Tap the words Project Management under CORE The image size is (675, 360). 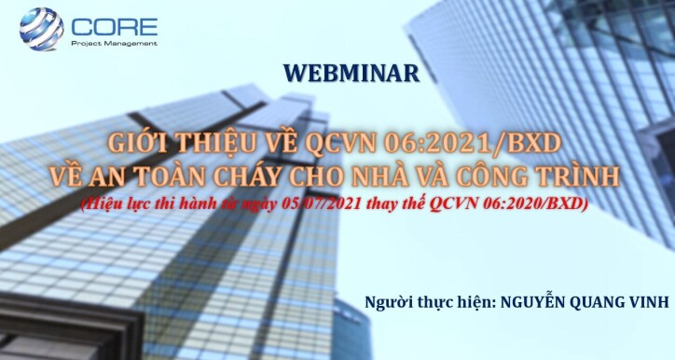click(x=113, y=43)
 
